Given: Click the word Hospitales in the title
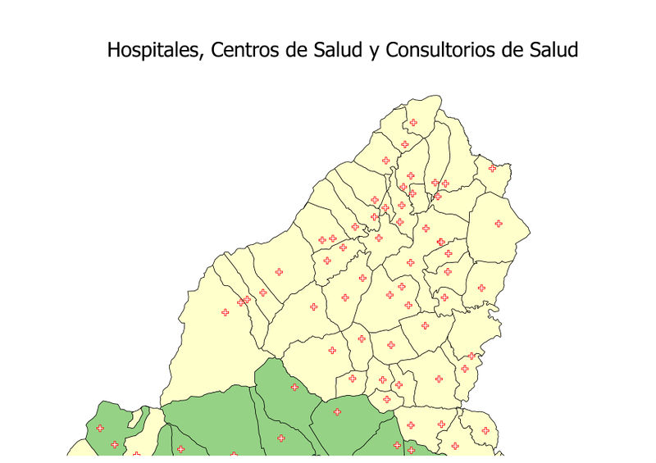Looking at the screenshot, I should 154,50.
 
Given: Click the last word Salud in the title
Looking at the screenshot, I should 553,50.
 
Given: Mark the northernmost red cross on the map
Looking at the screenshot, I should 412,123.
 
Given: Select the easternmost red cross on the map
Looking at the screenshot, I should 498,224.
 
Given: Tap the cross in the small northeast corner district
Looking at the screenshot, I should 493,168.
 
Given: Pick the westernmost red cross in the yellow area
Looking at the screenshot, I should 225,312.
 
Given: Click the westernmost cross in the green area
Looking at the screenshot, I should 100,428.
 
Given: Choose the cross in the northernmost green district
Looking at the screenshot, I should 294,387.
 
